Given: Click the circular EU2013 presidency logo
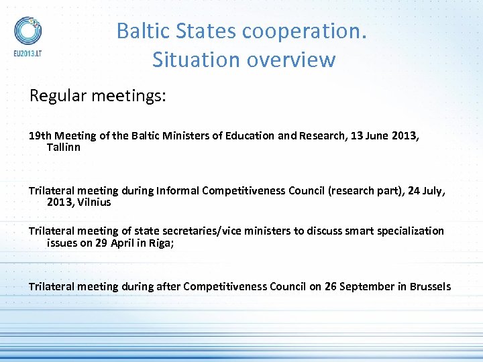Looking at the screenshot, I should pyautogui.click(x=28, y=30).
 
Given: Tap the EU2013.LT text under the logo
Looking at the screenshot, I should pyautogui.click(x=28, y=52).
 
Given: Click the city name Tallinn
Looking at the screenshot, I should pyautogui.click(x=64, y=147).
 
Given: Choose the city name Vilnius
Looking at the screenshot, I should pyautogui.click(x=95, y=202).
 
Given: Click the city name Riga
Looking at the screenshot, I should pyautogui.click(x=162, y=243).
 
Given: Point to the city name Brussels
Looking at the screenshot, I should pyautogui.click(x=430, y=286).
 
